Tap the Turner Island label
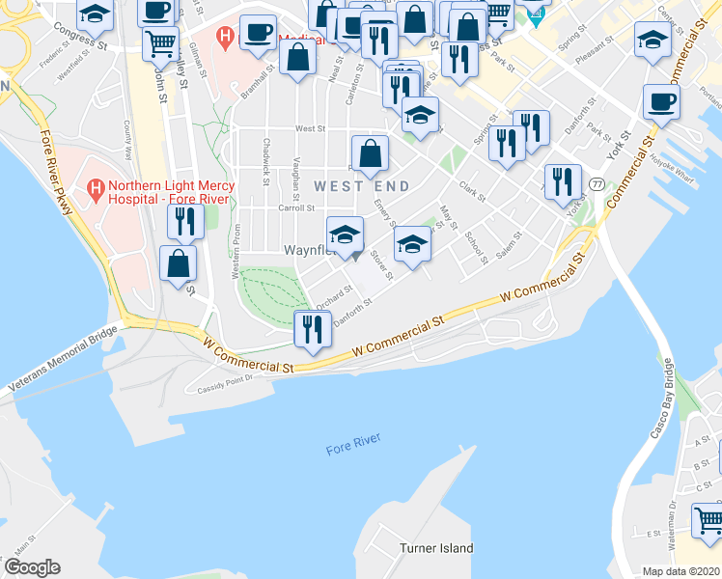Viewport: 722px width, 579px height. click(x=436, y=548)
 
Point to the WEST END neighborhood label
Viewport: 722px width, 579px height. click(x=361, y=185)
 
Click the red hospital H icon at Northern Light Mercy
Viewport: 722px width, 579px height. click(x=96, y=186)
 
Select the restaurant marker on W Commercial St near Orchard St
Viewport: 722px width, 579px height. click(x=311, y=330)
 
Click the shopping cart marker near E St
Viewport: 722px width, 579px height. click(x=708, y=520)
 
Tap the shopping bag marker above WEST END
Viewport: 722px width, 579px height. click(x=370, y=152)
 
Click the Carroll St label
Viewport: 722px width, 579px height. click(x=296, y=207)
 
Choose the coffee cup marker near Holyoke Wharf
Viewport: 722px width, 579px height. click(x=661, y=102)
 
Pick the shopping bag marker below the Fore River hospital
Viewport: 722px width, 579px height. click(x=179, y=263)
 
